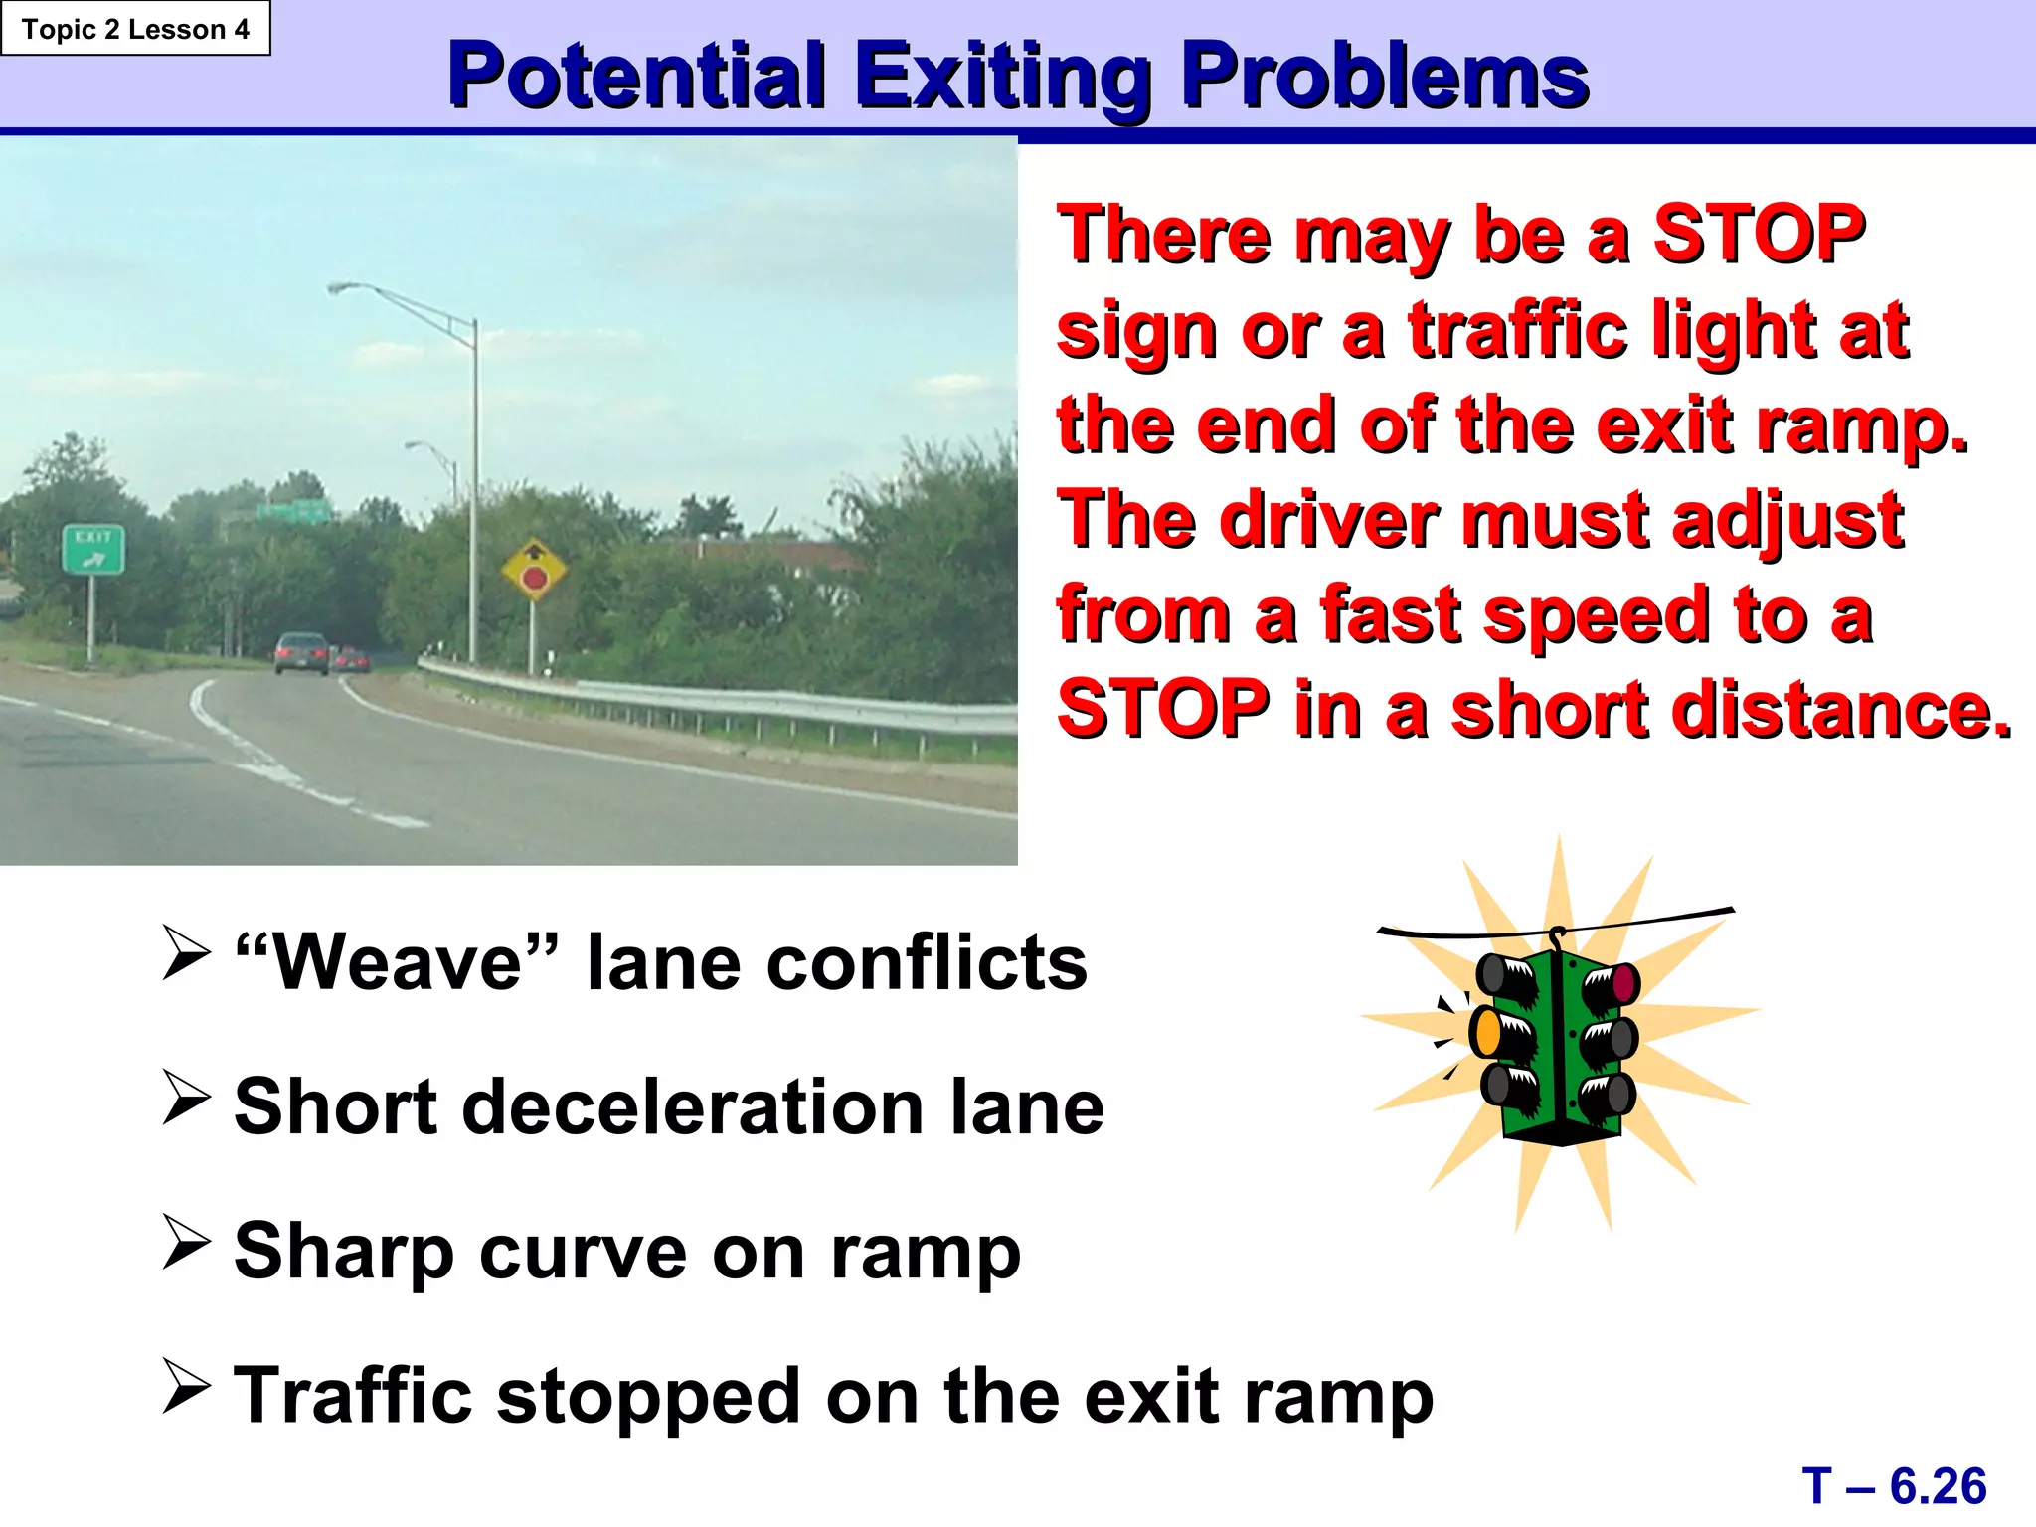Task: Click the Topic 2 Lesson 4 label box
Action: coord(135,29)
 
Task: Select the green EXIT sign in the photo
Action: coord(93,549)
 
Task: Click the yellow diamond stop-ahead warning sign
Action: coord(534,570)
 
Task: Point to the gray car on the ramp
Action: coord(301,652)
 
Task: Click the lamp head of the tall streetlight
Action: coord(344,288)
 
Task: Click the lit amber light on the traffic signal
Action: coord(1487,1031)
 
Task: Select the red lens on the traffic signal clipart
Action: coord(1623,983)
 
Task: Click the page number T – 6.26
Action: coord(1894,1486)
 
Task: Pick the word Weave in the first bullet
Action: coord(397,962)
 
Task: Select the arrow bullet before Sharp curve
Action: coord(186,1243)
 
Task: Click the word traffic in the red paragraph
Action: coord(1517,329)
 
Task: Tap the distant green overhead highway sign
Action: coord(293,512)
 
